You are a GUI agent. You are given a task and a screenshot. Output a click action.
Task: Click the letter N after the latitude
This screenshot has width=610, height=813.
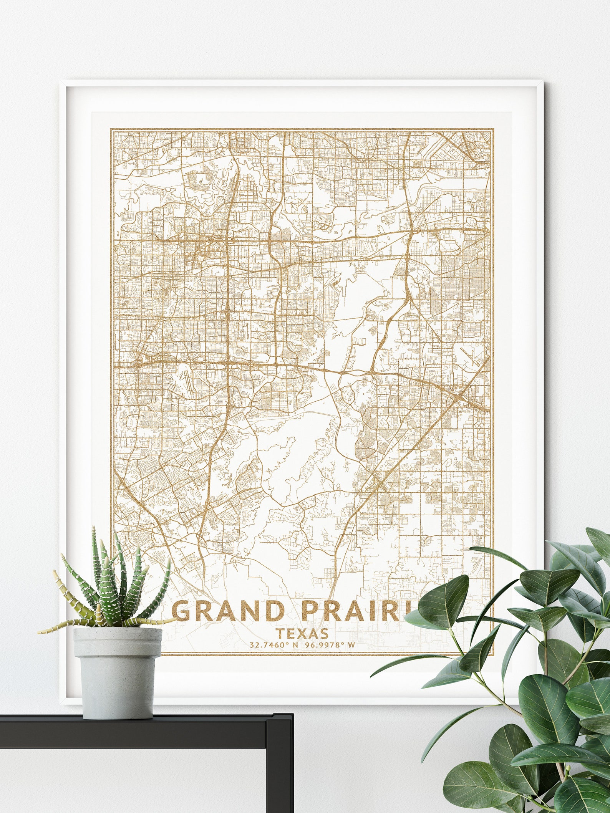click(295, 645)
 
